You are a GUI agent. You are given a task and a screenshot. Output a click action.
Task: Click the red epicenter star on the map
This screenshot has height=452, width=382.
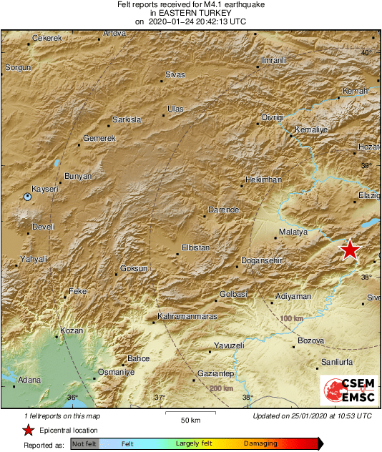(x=349, y=250)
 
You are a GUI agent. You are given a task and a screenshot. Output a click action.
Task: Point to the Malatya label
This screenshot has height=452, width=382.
(x=293, y=232)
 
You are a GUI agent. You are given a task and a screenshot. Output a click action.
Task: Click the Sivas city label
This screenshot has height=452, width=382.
(x=175, y=75)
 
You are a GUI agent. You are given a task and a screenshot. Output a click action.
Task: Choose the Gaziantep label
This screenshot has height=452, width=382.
(x=215, y=374)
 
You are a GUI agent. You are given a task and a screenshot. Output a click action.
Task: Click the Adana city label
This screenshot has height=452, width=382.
(x=29, y=380)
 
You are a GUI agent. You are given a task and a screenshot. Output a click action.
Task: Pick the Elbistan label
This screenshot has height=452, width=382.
(x=194, y=247)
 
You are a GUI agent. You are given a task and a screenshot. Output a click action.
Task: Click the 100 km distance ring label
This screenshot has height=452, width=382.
(x=292, y=318)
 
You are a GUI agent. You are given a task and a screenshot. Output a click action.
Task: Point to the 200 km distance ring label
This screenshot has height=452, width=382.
(x=221, y=388)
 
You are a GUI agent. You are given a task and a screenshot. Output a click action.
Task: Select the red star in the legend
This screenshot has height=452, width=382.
(x=28, y=430)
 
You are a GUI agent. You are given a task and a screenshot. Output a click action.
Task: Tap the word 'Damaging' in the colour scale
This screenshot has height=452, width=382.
(x=261, y=444)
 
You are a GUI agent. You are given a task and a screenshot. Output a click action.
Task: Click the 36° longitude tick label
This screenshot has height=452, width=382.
(x=72, y=398)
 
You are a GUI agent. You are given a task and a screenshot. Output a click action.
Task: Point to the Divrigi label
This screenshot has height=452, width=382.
(x=273, y=117)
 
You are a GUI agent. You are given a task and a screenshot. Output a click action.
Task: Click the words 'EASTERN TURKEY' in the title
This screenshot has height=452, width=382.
(x=190, y=14)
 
